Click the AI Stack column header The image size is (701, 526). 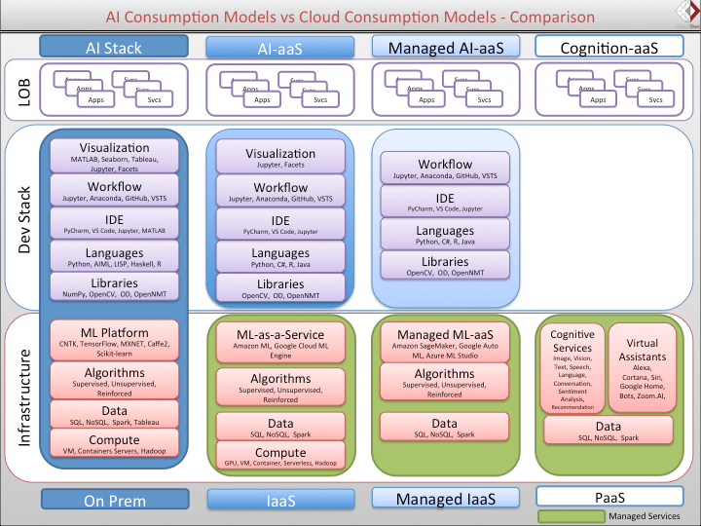(x=113, y=47)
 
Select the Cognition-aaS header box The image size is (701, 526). (x=608, y=47)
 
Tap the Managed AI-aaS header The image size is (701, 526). (x=441, y=47)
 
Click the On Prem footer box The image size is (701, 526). (x=113, y=500)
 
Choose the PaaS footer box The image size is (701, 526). (x=608, y=498)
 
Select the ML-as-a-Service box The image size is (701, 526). (x=280, y=343)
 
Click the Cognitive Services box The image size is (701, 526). (x=572, y=368)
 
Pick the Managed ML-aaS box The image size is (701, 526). (x=445, y=343)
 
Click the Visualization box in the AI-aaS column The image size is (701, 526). (x=280, y=159)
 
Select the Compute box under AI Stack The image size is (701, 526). (x=115, y=445)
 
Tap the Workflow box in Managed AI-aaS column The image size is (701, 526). (x=445, y=169)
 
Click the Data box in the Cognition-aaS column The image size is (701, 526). (x=608, y=432)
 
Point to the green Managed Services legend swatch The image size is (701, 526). (x=571, y=515)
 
